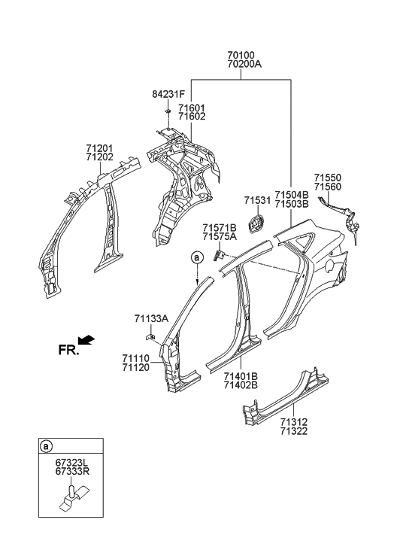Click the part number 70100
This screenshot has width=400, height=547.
pos(241,55)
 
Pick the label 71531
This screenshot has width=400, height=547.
pos(257,201)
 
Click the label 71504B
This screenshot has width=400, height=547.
pos(292,194)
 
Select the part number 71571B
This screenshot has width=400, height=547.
pos(219,227)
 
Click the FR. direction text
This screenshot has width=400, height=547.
pos(68,349)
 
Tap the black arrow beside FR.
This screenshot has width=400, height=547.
pos(87,340)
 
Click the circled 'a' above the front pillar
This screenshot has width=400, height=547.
pos(197,257)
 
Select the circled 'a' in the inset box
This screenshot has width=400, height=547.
pos(47,447)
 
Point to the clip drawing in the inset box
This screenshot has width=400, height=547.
pos(68,501)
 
